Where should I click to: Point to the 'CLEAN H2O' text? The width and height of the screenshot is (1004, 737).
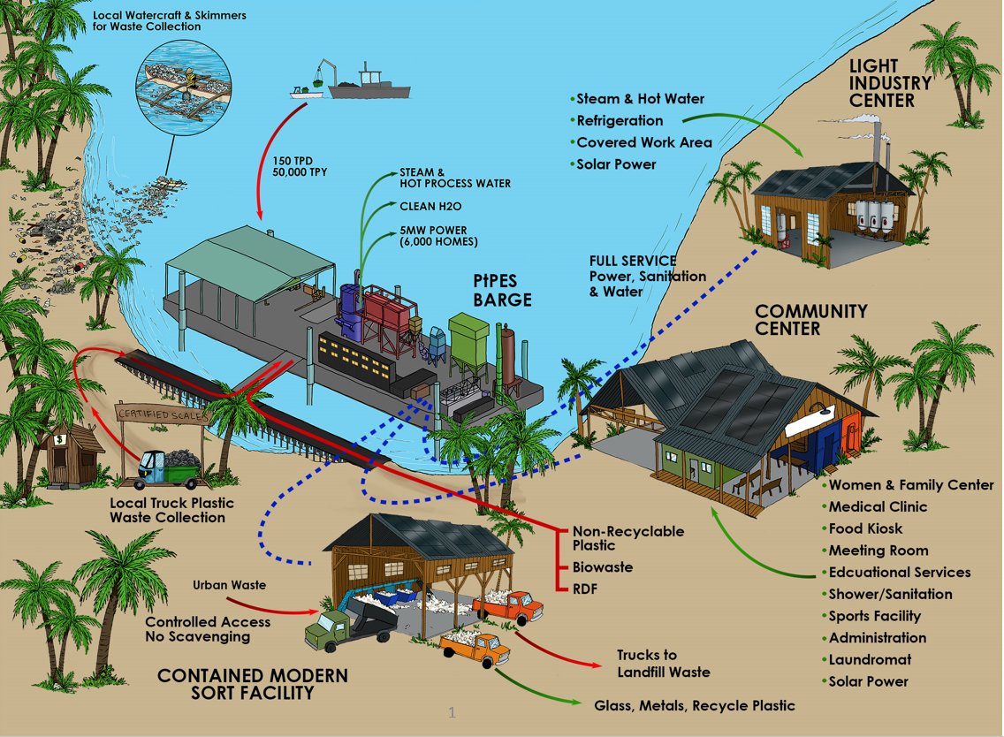click(x=431, y=206)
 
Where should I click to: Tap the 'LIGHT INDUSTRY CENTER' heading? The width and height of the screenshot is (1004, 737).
click(x=890, y=83)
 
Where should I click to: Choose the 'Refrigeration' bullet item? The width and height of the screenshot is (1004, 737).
click(x=620, y=120)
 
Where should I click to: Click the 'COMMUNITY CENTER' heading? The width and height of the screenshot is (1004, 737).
click(x=810, y=319)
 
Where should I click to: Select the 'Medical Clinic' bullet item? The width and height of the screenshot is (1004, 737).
click(x=878, y=506)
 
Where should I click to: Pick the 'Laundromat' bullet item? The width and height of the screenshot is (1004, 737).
click(x=870, y=659)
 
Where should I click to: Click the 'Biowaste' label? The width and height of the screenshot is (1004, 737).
click(x=602, y=566)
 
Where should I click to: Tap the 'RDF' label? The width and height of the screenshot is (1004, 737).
click(x=585, y=587)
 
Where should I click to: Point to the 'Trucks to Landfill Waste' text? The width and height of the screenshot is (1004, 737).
click(x=663, y=664)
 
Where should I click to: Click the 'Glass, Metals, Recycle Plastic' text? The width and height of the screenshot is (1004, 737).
click(x=695, y=705)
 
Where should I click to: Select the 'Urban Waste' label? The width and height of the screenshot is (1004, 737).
click(x=229, y=585)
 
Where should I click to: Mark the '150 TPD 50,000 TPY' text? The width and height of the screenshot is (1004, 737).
click(x=300, y=166)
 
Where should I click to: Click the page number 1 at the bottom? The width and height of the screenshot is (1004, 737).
click(x=452, y=712)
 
